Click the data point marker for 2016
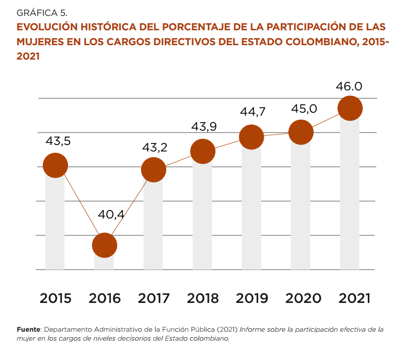[104, 245]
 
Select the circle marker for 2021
[350, 108]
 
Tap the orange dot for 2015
[55, 165]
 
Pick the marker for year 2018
[203, 151]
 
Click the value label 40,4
[111, 215]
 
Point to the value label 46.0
[349, 86]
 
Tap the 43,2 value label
[155, 147]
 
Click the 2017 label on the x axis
[153, 298]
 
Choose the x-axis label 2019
[252, 298]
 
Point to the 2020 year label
[301, 298]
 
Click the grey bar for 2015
[55, 223]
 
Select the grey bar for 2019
[251, 209]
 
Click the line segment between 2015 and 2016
[79, 205]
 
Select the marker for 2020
[301, 133]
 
